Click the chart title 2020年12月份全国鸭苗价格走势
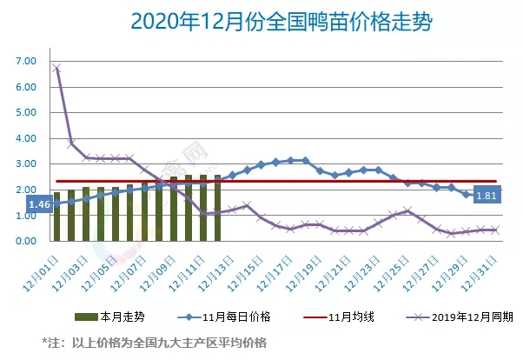261,20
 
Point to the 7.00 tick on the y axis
25,62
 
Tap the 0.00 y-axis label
25,241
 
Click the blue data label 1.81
487,197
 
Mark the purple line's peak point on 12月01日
56,68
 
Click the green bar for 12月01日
56,217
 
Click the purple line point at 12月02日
71,143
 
